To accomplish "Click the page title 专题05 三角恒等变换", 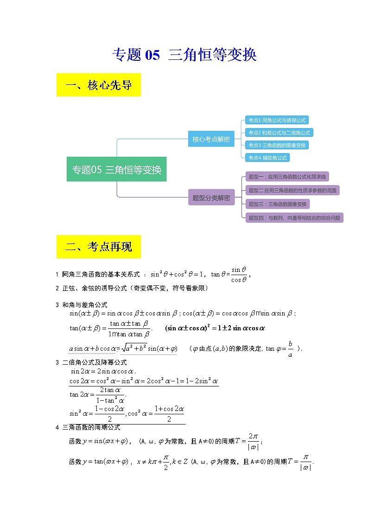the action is coord(184,55).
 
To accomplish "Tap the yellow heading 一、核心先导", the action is coord(99,85).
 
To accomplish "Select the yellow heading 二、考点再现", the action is coord(99,247).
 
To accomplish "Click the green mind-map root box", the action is coord(116,169).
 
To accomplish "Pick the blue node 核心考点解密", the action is coord(211,139).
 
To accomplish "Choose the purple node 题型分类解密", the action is coord(211,197).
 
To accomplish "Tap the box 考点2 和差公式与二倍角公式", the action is coord(279,133).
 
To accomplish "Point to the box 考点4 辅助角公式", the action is coord(267,158).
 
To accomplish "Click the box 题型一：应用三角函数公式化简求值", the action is coord(287,177).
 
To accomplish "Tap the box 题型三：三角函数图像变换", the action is coord(278,204).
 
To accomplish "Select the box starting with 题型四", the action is coord(294,218).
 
